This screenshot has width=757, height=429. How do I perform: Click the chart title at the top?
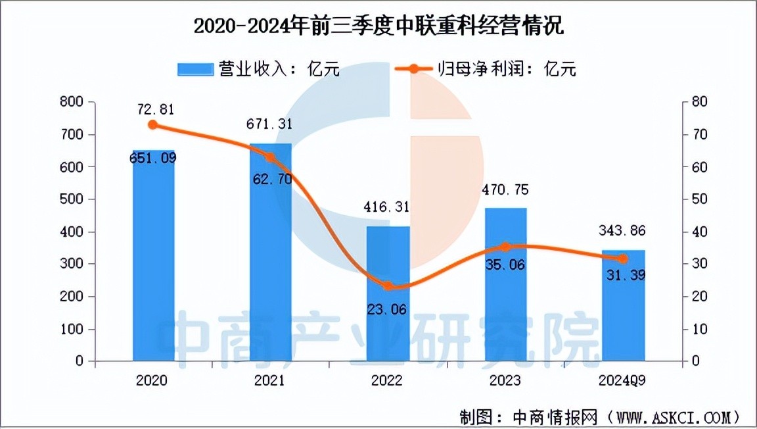(378, 28)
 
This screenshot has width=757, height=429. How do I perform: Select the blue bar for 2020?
(153, 263)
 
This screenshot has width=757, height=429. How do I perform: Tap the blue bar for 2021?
(270, 263)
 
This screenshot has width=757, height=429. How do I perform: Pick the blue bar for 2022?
(388, 309)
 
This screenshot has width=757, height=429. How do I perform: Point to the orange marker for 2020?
(153, 124)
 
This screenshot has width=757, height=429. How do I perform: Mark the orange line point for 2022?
(388, 286)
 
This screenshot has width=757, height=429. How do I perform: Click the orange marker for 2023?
(505, 247)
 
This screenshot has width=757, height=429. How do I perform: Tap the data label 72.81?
(153, 109)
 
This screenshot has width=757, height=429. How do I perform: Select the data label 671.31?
(270, 124)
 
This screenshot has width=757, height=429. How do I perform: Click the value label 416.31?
(388, 207)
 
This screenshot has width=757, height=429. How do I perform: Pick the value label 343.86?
(623, 231)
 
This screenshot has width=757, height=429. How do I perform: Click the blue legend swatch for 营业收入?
(195, 69)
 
